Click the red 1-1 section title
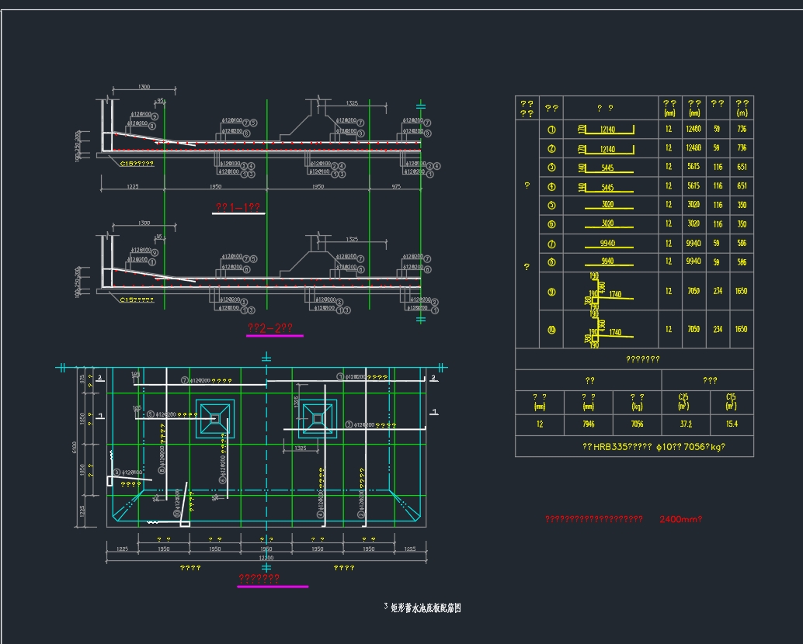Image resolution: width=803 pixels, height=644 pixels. tap(237, 207)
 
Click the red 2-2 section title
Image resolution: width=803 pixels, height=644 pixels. tap(269, 328)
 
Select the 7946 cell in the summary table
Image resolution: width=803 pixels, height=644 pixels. tap(588, 424)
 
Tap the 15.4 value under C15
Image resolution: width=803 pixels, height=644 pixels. tap(731, 424)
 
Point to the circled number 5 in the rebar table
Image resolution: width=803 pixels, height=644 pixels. tap(551, 205)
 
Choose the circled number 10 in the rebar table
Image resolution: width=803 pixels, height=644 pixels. tap(551, 329)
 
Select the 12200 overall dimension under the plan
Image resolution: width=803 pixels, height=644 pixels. tap(266, 559)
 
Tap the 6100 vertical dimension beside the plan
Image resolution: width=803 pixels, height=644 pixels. tap(75, 448)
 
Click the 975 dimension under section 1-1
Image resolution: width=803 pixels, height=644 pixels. tap(395, 187)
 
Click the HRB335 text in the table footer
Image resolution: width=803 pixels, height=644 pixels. tap(611, 447)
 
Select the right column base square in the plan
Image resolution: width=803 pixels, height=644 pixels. tap(317, 417)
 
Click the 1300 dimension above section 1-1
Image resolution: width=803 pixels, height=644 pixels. tap(144, 87)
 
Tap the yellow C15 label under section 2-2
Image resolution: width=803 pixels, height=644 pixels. tap(137, 299)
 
